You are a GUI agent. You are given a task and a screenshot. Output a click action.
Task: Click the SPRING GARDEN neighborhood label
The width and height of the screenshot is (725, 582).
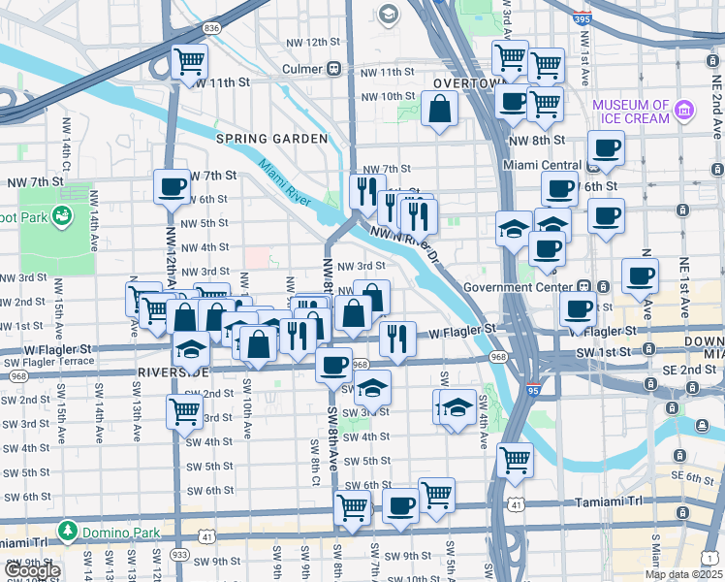point(271,139)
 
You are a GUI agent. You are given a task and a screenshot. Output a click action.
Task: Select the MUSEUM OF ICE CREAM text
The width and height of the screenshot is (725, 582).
point(631,111)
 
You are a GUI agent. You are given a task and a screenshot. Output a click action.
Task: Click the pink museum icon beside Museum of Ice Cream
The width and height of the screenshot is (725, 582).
point(685,110)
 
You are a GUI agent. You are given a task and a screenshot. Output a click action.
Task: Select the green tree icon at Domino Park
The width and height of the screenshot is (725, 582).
point(68,531)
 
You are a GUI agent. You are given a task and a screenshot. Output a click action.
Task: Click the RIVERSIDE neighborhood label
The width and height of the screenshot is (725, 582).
point(173,372)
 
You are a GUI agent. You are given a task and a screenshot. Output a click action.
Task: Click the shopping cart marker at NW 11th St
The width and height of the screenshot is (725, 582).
point(190,62)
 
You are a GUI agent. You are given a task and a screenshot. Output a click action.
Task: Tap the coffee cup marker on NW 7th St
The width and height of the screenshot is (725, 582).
point(173,187)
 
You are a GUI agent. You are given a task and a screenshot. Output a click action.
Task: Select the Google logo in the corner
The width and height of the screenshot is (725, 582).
point(31,571)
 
